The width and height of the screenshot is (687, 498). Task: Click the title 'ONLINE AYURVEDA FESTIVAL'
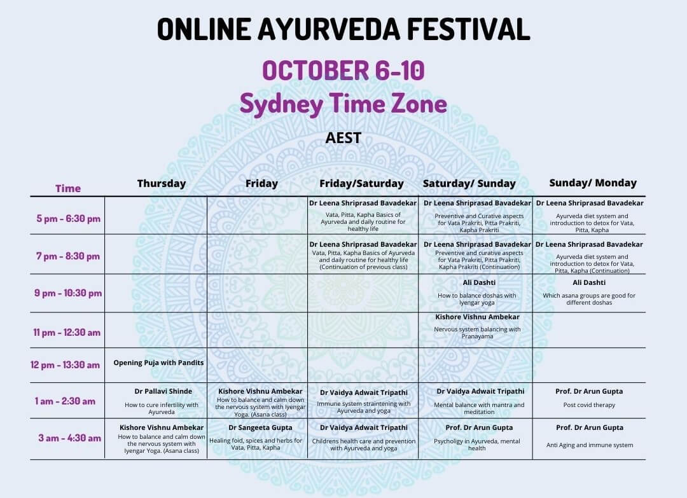[343, 29]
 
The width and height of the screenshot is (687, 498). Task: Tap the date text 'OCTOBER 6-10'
[343, 70]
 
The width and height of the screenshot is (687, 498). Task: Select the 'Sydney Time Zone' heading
[343, 104]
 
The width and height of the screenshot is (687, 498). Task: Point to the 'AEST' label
[343, 138]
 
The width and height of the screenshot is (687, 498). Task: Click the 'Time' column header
[68, 188]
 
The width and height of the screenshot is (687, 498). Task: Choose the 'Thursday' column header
[162, 184]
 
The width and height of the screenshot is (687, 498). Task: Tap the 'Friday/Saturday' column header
[361, 184]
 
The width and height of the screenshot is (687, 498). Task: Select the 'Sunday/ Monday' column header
[593, 183]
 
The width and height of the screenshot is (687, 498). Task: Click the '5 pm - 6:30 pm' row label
[68, 219]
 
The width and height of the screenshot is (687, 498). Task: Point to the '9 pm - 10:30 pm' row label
[68, 293]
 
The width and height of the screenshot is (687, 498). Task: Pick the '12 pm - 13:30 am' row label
[66, 365]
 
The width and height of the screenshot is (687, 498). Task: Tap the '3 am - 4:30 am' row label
[70, 438]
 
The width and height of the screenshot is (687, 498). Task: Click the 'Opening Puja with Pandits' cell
[158, 363]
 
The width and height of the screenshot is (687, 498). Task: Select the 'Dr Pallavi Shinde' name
[163, 391]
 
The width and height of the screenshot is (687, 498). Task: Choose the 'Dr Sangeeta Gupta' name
[260, 427]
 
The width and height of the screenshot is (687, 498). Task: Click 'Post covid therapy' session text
[589, 405]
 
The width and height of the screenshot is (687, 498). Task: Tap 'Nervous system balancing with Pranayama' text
[477, 333]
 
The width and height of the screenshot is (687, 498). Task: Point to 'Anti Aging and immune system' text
[590, 445]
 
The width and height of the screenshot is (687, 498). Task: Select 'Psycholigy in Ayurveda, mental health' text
[476, 445]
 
